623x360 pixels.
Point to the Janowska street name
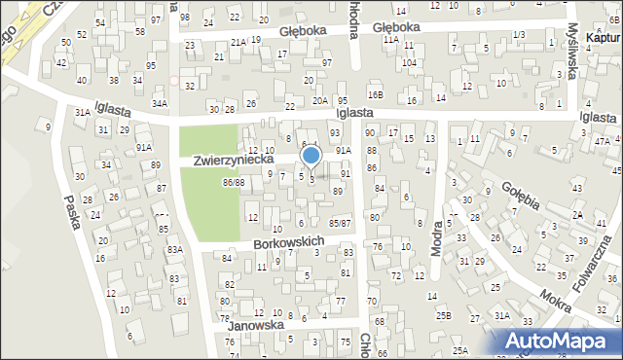(x=254, y=326)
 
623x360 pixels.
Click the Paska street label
(x=69, y=207)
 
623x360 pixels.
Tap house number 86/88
(x=233, y=182)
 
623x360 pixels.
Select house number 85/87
(x=340, y=224)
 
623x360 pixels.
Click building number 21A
(x=238, y=42)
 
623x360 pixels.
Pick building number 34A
(x=160, y=102)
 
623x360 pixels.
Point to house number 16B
(x=376, y=94)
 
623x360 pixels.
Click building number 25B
(x=444, y=315)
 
